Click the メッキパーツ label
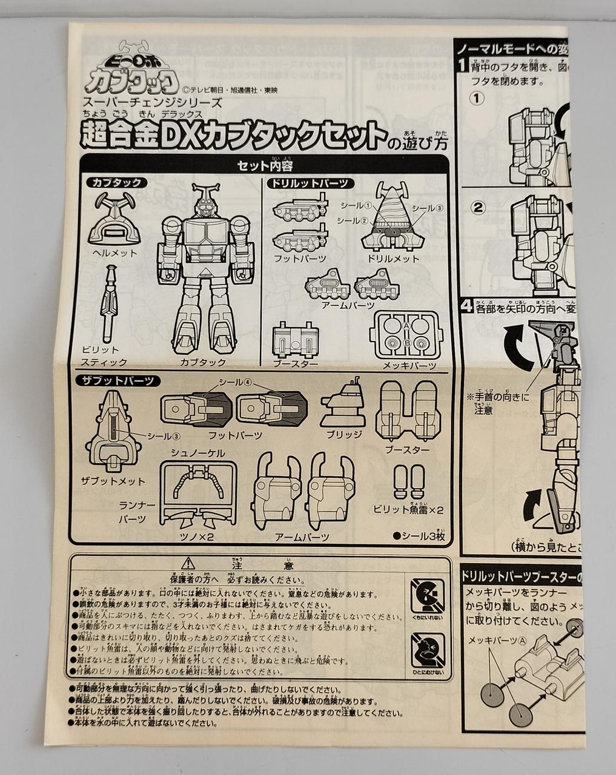point(408,366)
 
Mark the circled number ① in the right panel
point(478,97)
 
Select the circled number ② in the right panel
point(479,208)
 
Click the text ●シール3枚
point(419,535)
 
